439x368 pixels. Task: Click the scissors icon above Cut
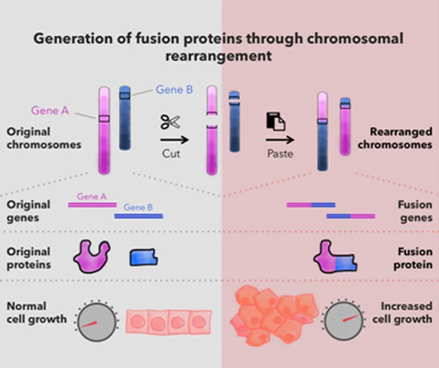170,122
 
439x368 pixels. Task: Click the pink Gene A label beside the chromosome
50,110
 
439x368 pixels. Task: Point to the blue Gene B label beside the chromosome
174,90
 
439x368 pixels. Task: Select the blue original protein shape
144,257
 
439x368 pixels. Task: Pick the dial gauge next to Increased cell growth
344,320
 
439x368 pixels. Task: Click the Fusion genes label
415,211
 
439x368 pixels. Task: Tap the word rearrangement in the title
219,56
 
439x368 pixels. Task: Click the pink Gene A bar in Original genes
92,205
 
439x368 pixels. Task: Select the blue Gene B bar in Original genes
139,216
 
